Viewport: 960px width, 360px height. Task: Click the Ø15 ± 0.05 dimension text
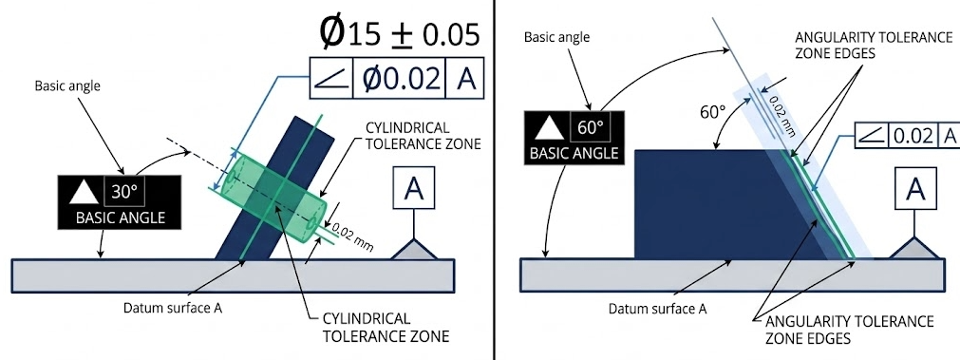click(x=399, y=33)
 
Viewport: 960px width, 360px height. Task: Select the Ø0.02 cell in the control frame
click(x=401, y=80)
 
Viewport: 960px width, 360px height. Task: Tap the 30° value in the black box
click(x=125, y=192)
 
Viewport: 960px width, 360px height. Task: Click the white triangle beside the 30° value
click(x=83, y=193)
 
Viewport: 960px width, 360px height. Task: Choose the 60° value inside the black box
click(x=591, y=128)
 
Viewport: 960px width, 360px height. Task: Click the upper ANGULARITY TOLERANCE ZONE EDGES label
click(x=873, y=44)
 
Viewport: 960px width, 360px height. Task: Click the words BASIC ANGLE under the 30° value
click(x=120, y=218)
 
